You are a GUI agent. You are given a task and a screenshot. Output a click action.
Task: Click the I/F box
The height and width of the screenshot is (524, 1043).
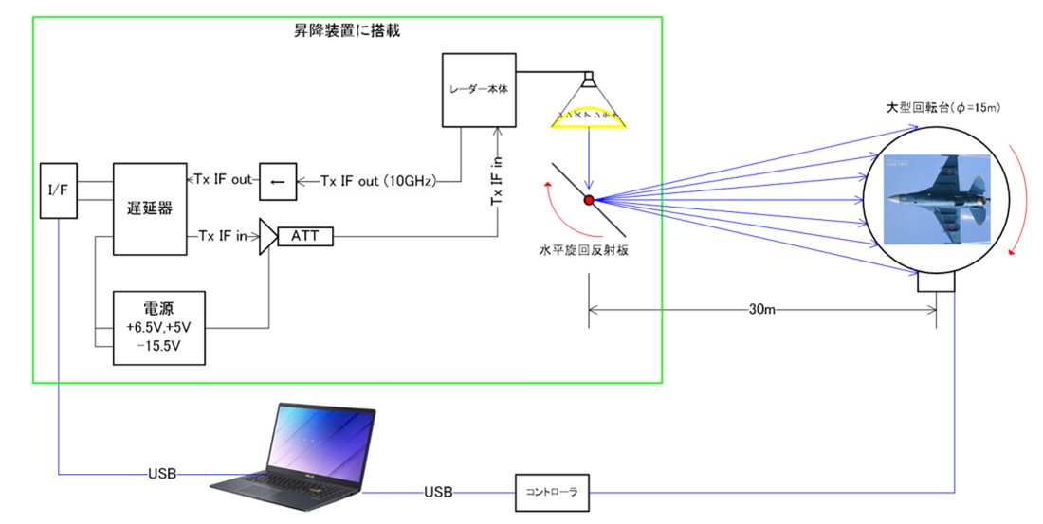58,190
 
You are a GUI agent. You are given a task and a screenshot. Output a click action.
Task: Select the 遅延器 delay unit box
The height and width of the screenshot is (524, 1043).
150,208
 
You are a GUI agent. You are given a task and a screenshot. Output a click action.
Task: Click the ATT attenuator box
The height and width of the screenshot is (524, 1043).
305,234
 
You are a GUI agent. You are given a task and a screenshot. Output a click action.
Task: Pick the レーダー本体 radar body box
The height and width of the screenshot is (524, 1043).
479,89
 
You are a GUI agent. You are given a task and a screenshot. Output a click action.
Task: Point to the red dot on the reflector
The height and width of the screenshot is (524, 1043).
589,200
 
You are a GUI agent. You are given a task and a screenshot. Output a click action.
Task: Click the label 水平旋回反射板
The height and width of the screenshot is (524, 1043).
581,252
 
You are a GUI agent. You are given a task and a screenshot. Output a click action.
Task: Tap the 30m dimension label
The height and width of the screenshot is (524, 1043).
761,308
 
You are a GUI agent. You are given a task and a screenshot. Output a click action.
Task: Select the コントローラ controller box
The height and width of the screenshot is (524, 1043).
552,492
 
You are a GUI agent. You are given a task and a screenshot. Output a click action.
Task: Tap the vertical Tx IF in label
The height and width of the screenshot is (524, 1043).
497,180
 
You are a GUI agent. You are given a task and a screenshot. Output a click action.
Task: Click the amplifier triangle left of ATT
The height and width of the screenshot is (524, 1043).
268,234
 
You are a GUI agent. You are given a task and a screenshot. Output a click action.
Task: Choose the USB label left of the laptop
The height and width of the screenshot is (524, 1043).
162,472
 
